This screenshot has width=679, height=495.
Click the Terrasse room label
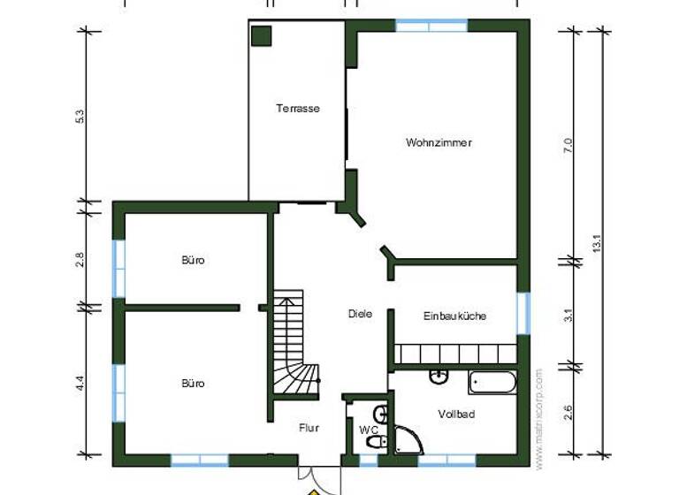click(x=297, y=109)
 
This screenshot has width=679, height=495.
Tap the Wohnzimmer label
click(x=439, y=142)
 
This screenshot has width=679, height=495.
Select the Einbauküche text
click(x=454, y=316)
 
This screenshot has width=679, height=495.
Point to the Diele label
click(x=360, y=313)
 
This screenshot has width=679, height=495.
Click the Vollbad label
click(x=456, y=414)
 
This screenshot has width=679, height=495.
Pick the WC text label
click(x=367, y=430)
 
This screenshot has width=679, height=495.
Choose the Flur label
click(x=309, y=428)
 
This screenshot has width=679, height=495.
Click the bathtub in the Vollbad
click(x=492, y=383)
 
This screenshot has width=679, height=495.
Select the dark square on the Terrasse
click(x=261, y=36)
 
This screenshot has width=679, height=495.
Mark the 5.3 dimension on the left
click(x=80, y=116)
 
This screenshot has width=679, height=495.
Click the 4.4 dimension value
click(x=80, y=383)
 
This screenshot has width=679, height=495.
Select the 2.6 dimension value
click(x=568, y=411)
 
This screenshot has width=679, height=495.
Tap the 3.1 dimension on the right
click(x=568, y=314)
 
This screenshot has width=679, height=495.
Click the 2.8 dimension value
click(x=80, y=259)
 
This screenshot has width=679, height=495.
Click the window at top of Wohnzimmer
click(x=431, y=25)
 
